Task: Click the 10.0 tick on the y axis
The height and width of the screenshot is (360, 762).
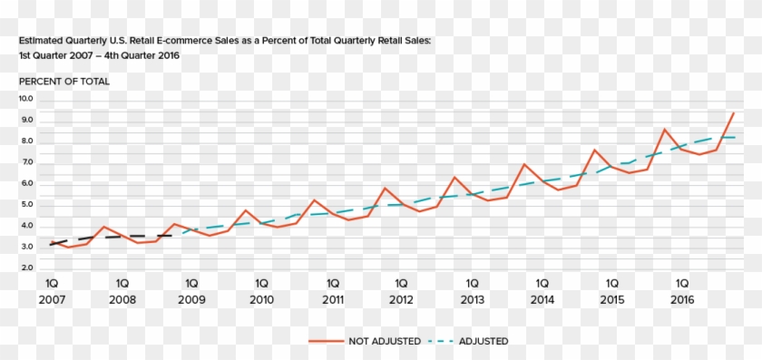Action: (x=25, y=99)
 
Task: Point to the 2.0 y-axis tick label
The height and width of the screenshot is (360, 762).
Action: (x=25, y=268)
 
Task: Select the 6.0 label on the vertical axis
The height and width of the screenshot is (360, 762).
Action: (x=25, y=183)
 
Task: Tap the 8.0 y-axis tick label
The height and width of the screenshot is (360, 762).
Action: (x=25, y=141)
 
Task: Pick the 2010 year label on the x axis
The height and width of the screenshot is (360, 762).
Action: (x=261, y=299)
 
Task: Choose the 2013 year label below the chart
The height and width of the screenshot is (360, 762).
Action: (x=472, y=299)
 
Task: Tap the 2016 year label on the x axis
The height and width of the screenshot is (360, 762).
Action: (x=682, y=299)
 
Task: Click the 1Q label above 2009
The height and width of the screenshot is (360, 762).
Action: (x=191, y=282)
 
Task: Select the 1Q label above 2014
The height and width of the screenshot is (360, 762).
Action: (x=542, y=282)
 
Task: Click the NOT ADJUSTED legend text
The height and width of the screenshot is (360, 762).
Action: (x=384, y=341)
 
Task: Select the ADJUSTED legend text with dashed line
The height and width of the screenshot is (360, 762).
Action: (x=484, y=341)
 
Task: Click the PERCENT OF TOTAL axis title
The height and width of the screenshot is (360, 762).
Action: (x=63, y=82)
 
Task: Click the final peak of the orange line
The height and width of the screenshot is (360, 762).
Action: (x=733, y=113)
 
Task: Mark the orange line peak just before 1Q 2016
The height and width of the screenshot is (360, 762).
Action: (x=665, y=129)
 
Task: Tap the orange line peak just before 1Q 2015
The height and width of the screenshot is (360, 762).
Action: (x=594, y=150)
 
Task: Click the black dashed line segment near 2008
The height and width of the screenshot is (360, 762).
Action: (x=118, y=237)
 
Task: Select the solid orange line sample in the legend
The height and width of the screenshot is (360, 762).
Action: (x=326, y=341)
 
